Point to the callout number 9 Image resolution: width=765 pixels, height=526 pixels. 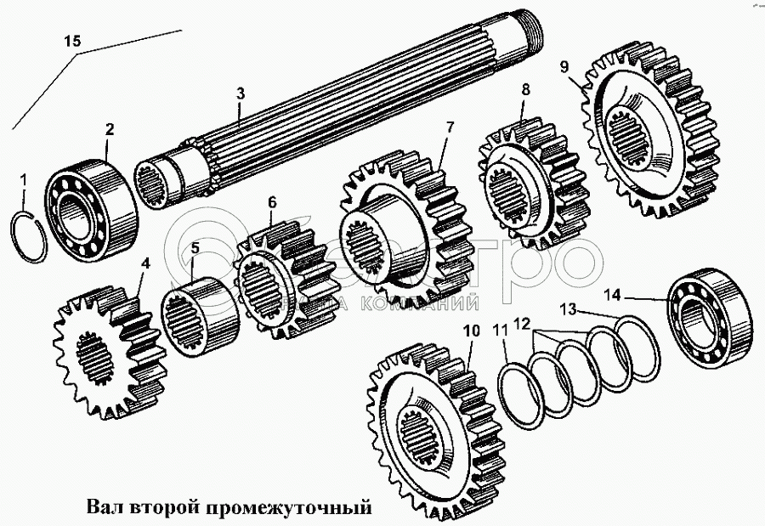(564, 65)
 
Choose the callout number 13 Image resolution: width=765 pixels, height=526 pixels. (568, 307)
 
